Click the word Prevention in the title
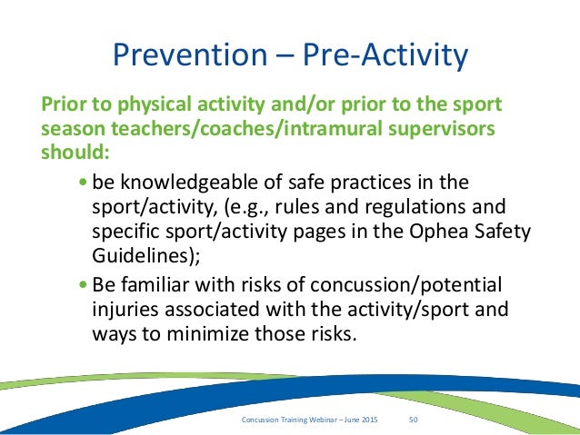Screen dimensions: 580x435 190,54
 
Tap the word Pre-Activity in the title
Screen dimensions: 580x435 385,56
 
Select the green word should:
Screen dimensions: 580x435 75,152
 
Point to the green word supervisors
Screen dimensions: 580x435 441,130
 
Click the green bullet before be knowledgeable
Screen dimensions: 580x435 84,182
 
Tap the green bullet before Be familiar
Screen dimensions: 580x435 84,284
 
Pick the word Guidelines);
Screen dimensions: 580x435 146,255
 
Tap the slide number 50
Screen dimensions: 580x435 413,420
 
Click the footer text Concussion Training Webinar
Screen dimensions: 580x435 289,420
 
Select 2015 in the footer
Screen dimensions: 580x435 370,420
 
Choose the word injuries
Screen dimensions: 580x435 125,310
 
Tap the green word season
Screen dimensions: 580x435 73,130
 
